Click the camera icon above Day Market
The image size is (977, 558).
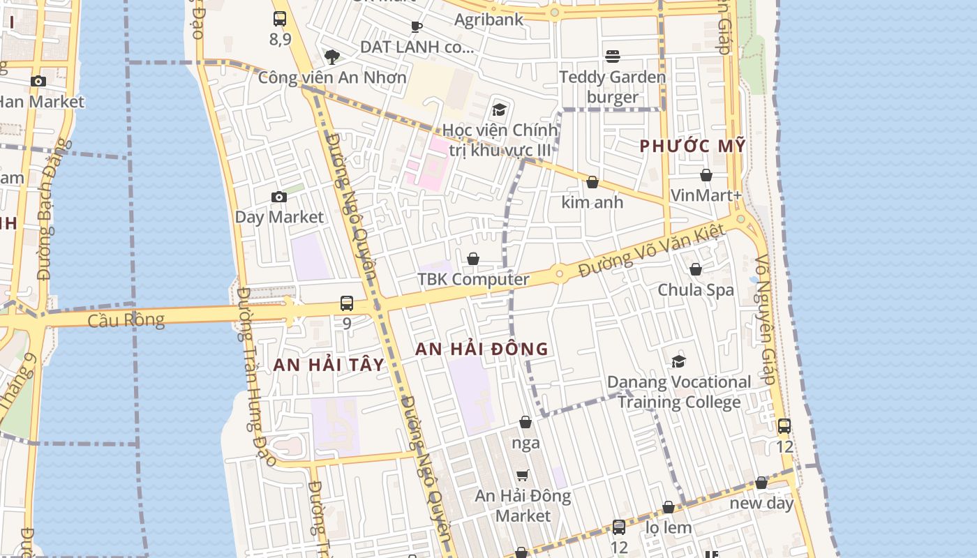pos(278,197)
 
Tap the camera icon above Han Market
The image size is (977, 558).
pos(38,82)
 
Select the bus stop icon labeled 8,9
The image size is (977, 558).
pos(280,19)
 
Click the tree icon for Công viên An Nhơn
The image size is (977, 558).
pos(332,56)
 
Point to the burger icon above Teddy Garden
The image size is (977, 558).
pos(613,56)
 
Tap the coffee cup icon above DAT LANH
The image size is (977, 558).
pos(417,27)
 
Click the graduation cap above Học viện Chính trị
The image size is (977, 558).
pos(499,110)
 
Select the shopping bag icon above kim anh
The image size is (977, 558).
pos(592,182)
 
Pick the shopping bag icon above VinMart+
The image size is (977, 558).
pos(706,175)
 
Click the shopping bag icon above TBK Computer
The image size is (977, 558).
pos(473,259)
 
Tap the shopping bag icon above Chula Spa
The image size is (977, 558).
pos(696,269)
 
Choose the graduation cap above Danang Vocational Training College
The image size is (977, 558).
pos(678,361)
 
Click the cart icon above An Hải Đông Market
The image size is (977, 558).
pos(523,476)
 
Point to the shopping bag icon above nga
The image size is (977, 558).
pos(525,422)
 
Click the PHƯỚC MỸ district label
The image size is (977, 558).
pos(693,146)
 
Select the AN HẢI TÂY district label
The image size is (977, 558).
pos(329,365)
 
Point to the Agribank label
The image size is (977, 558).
pos(488,19)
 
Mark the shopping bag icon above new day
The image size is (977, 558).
pos(761,483)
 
